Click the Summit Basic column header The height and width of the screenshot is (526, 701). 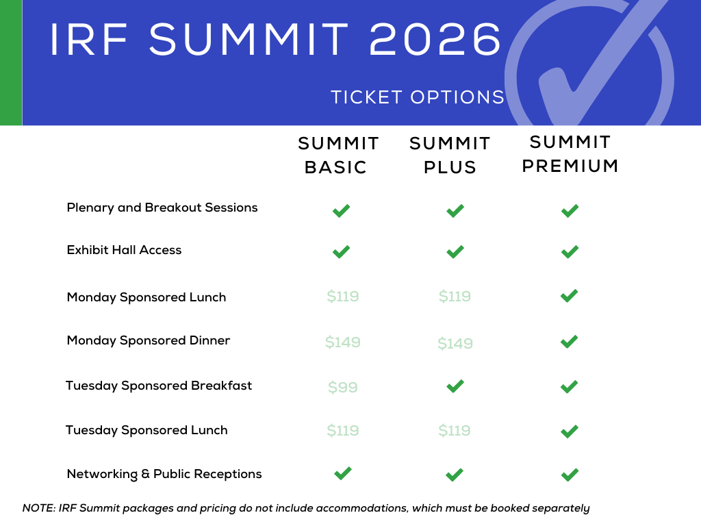click(x=338, y=155)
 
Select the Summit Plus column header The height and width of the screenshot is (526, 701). click(x=450, y=155)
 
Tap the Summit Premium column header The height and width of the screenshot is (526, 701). click(x=570, y=154)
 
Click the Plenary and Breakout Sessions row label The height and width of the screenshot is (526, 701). click(x=162, y=208)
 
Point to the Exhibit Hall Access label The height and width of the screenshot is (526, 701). click(x=125, y=250)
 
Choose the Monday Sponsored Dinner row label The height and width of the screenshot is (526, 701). click(x=149, y=340)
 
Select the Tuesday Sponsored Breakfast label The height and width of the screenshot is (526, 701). click(x=159, y=386)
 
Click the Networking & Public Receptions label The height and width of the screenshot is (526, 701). click(x=164, y=474)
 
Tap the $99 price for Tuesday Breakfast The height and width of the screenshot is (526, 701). click(x=343, y=387)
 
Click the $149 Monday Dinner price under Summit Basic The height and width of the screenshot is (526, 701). click(x=343, y=342)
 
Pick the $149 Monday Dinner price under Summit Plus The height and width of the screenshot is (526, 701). click(x=455, y=344)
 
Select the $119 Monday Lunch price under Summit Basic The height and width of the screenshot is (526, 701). click(x=343, y=296)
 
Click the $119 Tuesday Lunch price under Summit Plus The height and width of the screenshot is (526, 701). click(x=455, y=430)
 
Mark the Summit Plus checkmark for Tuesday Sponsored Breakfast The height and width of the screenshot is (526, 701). click(x=455, y=386)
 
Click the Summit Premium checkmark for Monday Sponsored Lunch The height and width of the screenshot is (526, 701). click(x=569, y=296)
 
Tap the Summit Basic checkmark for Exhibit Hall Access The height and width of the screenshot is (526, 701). click(x=341, y=252)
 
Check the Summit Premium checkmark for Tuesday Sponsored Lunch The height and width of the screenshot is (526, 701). click(x=569, y=431)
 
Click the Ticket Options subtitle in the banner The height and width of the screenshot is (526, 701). click(x=418, y=97)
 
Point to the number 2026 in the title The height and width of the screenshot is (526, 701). click(x=435, y=39)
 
